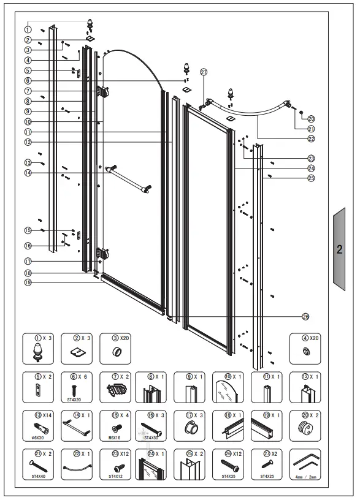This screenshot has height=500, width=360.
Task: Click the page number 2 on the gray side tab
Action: tap(339, 249)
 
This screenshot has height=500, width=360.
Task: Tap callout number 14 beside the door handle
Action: tap(28, 173)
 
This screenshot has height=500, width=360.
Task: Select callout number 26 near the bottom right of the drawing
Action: tap(305, 316)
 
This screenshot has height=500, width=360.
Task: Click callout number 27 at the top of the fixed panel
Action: tap(204, 71)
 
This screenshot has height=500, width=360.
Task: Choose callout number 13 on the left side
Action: tap(28, 162)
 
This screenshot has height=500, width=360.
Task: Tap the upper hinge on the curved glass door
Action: tap(102, 92)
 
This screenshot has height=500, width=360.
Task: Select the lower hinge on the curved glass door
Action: tap(102, 252)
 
